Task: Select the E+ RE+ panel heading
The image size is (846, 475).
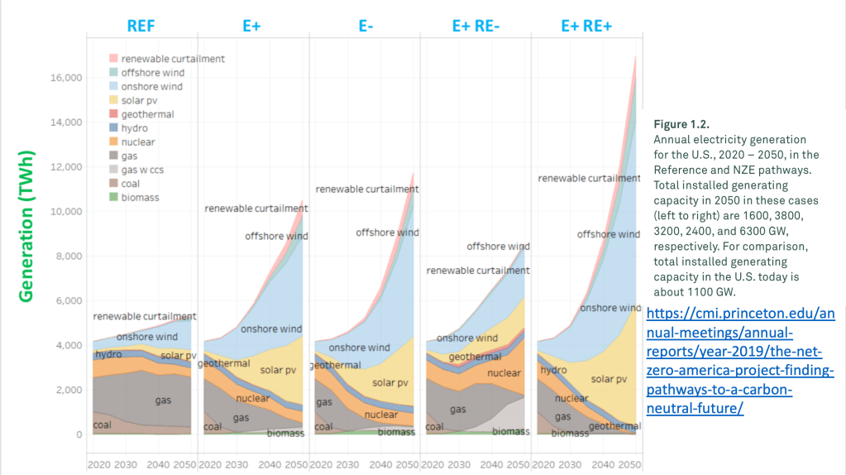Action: click(x=586, y=25)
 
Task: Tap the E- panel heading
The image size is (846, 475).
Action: click(x=365, y=25)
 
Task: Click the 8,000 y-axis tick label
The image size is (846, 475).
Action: click(x=66, y=257)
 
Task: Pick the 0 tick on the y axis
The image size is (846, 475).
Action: click(x=79, y=434)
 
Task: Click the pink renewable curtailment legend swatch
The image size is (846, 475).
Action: click(x=113, y=59)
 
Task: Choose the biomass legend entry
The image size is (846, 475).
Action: click(x=140, y=198)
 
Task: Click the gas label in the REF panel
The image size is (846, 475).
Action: click(x=163, y=401)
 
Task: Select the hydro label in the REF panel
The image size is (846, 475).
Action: click(x=108, y=354)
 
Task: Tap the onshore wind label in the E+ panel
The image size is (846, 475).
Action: click(x=270, y=329)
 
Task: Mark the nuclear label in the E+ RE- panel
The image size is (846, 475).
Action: click(x=504, y=373)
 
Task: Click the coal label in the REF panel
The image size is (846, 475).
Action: click(x=102, y=425)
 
